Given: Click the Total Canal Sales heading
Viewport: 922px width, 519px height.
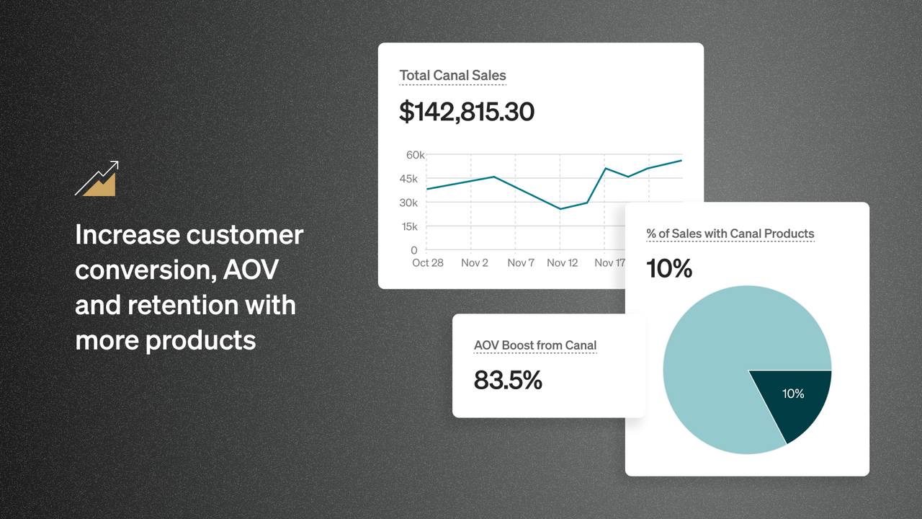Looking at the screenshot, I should (x=452, y=76).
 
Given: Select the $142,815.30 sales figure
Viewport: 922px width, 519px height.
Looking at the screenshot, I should (x=467, y=112).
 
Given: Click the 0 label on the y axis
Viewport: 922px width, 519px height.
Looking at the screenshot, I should (x=414, y=250).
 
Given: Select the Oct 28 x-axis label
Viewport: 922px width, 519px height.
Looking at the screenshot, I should (x=428, y=263).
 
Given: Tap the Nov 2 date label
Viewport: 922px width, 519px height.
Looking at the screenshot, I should (x=475, y=263).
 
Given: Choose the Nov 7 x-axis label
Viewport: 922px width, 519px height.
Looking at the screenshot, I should (x=521, y=263).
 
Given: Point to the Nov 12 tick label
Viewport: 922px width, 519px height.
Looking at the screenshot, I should (x=563, y=263).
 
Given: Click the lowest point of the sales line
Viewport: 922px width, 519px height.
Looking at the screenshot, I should (x=560, y=209).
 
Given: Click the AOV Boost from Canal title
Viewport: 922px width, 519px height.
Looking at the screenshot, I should (x=535, y=345).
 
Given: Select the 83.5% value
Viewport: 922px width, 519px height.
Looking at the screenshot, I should (x=508, y=380).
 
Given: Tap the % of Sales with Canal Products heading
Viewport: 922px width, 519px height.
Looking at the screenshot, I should (x=730, y=234).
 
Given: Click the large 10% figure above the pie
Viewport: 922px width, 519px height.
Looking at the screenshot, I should (x=669, y=268).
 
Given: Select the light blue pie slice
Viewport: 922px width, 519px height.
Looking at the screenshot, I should (x=720, y=360).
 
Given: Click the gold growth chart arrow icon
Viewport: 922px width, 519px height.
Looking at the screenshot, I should (x=97, y=179).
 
